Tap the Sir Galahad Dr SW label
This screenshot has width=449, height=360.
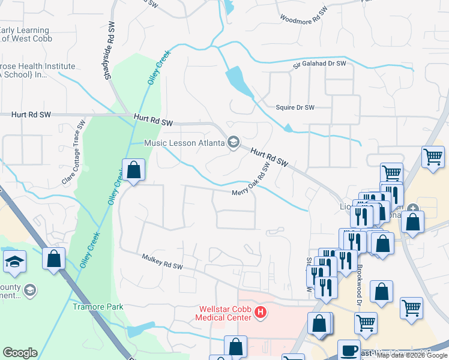pyautogui.click(x=320, y=64)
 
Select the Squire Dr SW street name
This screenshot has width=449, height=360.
pyautogui.click(x=295, y=108)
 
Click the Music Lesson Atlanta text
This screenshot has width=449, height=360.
pyautogui.click(x=184, y=143)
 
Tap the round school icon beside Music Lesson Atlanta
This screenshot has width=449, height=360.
pyautogui.click(x=233, y=142)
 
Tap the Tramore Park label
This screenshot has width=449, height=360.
pyautogui.click(x=98, y=307)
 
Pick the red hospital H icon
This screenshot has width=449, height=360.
pyautogui.click(x=261, y=312)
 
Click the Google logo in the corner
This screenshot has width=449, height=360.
pyautogui.click(x=20, y=353)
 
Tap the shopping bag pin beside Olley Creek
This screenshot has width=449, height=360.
pyautogui.click(x=133, y=170)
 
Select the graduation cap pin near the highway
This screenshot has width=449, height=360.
pyautogui.click(x=14, y=262)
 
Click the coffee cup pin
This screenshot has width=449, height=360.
pyautogui.click(x=349, y=350)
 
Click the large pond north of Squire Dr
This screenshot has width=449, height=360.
pyautogui.click(x=240, y=81)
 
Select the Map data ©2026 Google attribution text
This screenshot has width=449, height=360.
pyautogui.click(x=412, y=355)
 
